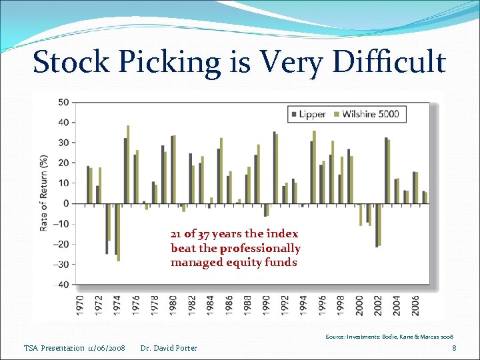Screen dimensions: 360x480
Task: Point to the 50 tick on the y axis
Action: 63,102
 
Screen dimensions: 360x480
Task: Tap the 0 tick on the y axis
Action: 65,203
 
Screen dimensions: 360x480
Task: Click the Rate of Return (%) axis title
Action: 44,193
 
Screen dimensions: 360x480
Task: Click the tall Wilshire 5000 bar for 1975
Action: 128,164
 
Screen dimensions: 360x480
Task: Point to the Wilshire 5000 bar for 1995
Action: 314,167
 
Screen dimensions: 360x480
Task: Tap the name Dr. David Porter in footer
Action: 169,348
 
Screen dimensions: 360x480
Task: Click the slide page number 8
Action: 454,348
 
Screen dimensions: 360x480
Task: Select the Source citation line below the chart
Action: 389,337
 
